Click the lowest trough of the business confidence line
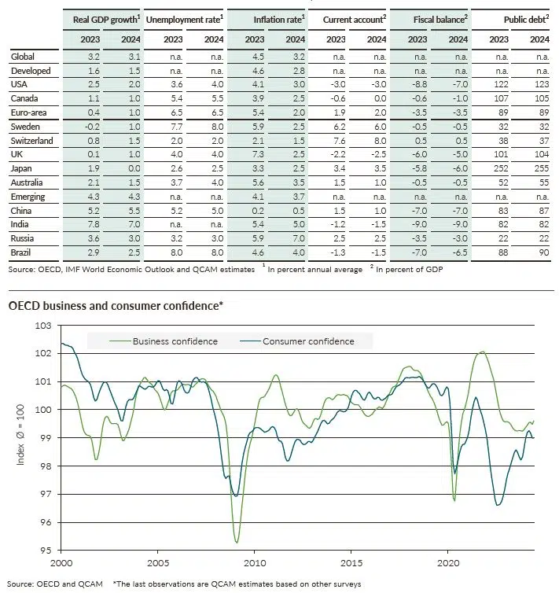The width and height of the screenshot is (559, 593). pos(237,542)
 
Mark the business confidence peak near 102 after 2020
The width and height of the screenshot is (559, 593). pos(482,352)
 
